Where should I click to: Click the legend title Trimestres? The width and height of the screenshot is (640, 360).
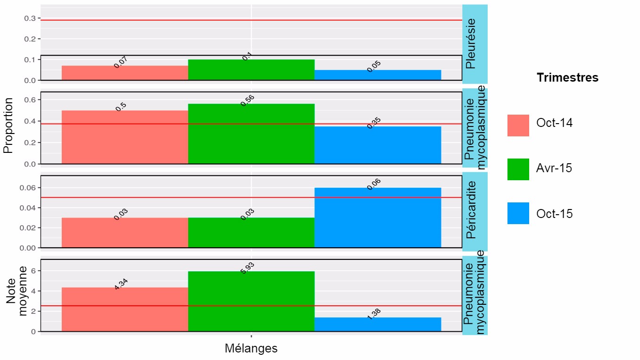click(x=567, y=78)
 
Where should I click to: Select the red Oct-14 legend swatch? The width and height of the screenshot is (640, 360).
click(x=518, y=126)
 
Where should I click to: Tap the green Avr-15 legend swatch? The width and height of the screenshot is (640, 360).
click(x=518, y=169)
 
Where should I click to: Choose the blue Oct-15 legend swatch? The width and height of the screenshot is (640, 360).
click(x=518, y=213)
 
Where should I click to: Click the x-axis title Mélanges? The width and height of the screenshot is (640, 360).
click(x=251, y=349)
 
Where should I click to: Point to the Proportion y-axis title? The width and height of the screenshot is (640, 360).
click(x=8, y=126)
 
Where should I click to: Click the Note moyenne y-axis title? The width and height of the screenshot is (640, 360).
click(x=16, y=296)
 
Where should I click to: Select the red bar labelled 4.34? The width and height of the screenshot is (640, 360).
click(x=125, y=309)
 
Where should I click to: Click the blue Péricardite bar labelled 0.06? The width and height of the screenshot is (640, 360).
click(x=377, y=218)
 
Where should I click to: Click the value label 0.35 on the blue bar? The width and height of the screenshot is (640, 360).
click(x=374, y=123)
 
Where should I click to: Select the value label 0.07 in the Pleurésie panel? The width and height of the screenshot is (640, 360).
click(x=121, y=62)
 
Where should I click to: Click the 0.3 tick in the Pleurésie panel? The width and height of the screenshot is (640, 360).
click(x=30, y=18)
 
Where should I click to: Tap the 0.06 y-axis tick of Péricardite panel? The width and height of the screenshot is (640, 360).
click(x=28, y=188)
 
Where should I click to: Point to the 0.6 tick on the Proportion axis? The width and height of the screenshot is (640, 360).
click(x=30, y=100)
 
